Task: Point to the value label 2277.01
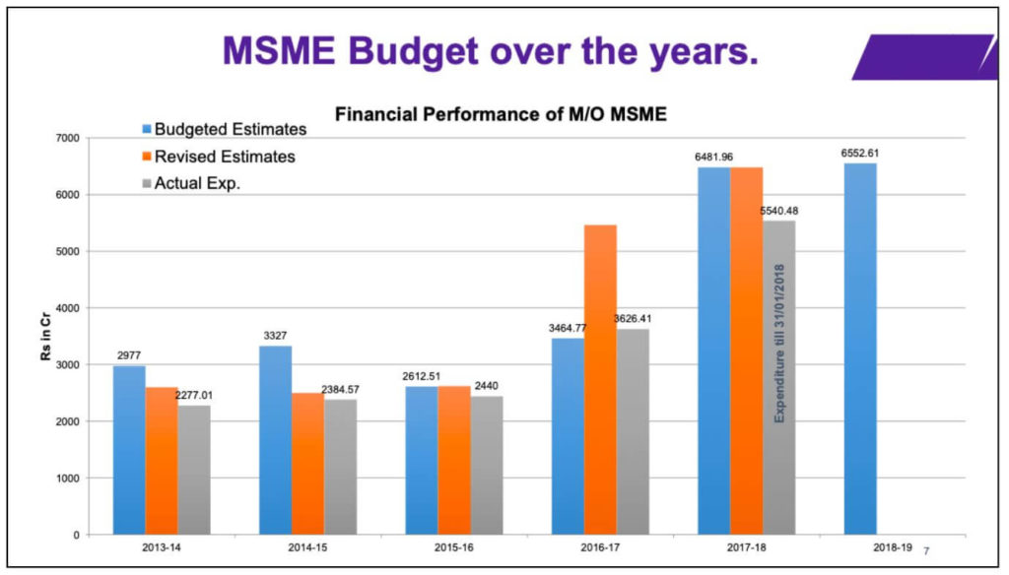pos(194,395)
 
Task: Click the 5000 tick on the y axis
pos(97,252)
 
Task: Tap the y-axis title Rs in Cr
pos(46,337)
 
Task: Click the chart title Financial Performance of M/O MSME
pos(501,114)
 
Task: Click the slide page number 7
pos(926,551)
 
